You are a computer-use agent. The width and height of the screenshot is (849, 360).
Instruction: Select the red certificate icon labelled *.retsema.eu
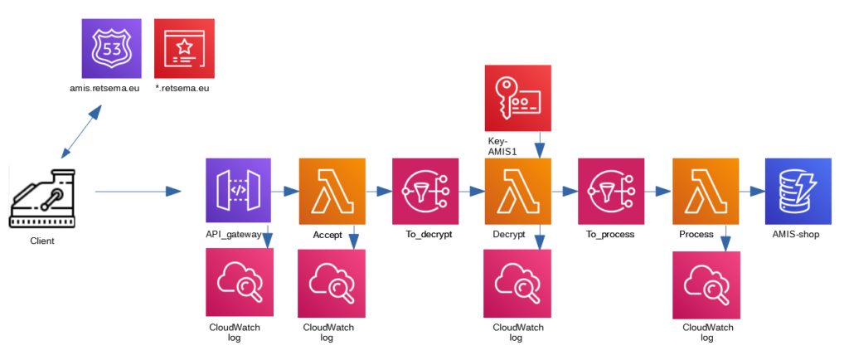coord(184,49)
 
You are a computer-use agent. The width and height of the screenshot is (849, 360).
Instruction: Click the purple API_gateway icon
coord(239,191)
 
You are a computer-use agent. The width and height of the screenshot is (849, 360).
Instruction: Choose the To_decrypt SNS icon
coord(424,191)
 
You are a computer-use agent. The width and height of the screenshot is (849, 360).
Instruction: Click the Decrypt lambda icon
coord(518,191)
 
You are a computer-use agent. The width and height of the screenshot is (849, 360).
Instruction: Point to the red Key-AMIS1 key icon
coord(518,98)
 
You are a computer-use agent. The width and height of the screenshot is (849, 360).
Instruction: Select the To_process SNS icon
coord(611,191)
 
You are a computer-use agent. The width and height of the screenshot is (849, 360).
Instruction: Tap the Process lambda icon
coord(705,191)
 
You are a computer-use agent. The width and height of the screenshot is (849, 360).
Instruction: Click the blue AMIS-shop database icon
coord(798,191)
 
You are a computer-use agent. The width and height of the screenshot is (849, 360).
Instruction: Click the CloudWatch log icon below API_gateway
coord(239,282)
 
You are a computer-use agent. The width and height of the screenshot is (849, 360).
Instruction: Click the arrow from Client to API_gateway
coord(138,192)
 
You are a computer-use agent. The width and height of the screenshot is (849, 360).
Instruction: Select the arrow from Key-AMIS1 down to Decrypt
coord(541,144)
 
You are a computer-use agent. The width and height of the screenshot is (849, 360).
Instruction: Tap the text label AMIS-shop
coord(797,235)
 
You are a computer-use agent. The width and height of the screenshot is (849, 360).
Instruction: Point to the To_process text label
coord(610,235)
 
